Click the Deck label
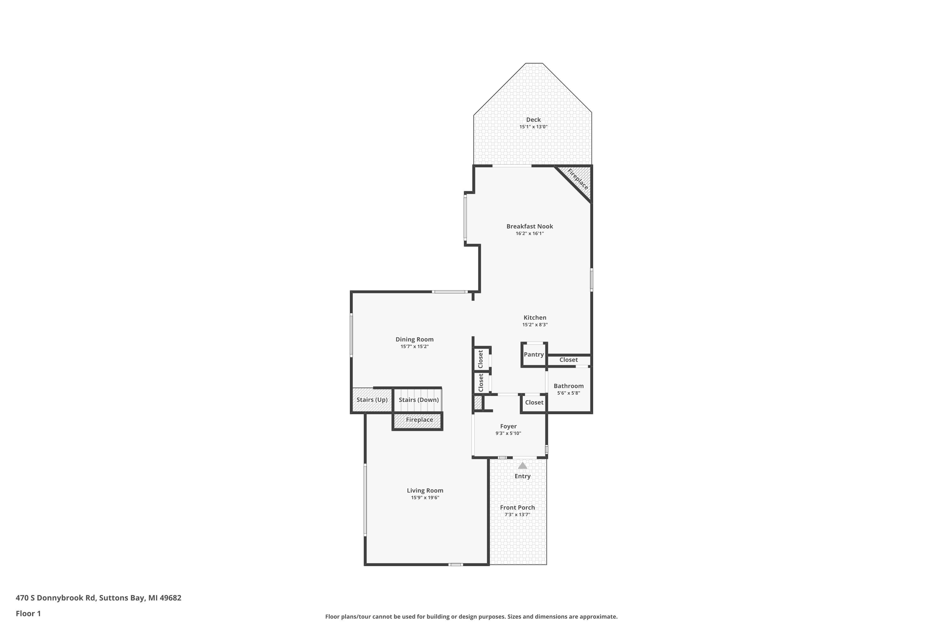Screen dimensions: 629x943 pos(533,120)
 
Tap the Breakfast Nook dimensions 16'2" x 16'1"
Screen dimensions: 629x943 pos(529,233)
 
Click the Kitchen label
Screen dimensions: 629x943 pos(534,318)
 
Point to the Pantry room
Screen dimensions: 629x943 pos(534,355)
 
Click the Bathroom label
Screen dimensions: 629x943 pos(569,386)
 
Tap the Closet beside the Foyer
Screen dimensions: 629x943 pos(534,402)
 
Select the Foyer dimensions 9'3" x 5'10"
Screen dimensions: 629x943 pos(508,433)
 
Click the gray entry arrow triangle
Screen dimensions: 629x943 pos(522,466)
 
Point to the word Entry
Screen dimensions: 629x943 pos(522,476)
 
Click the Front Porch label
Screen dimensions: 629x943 pos(517,508)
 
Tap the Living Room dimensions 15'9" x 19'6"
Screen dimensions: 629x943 pos(425,498)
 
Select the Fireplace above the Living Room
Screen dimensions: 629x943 pos(419,420)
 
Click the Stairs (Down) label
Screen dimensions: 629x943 pos(419,400)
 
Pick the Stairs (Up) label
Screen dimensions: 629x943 pos(372,400)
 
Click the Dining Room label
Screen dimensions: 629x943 pos(414,339)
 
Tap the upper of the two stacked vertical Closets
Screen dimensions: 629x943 pos(481,359)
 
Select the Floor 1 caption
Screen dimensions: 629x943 pos(28,613)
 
